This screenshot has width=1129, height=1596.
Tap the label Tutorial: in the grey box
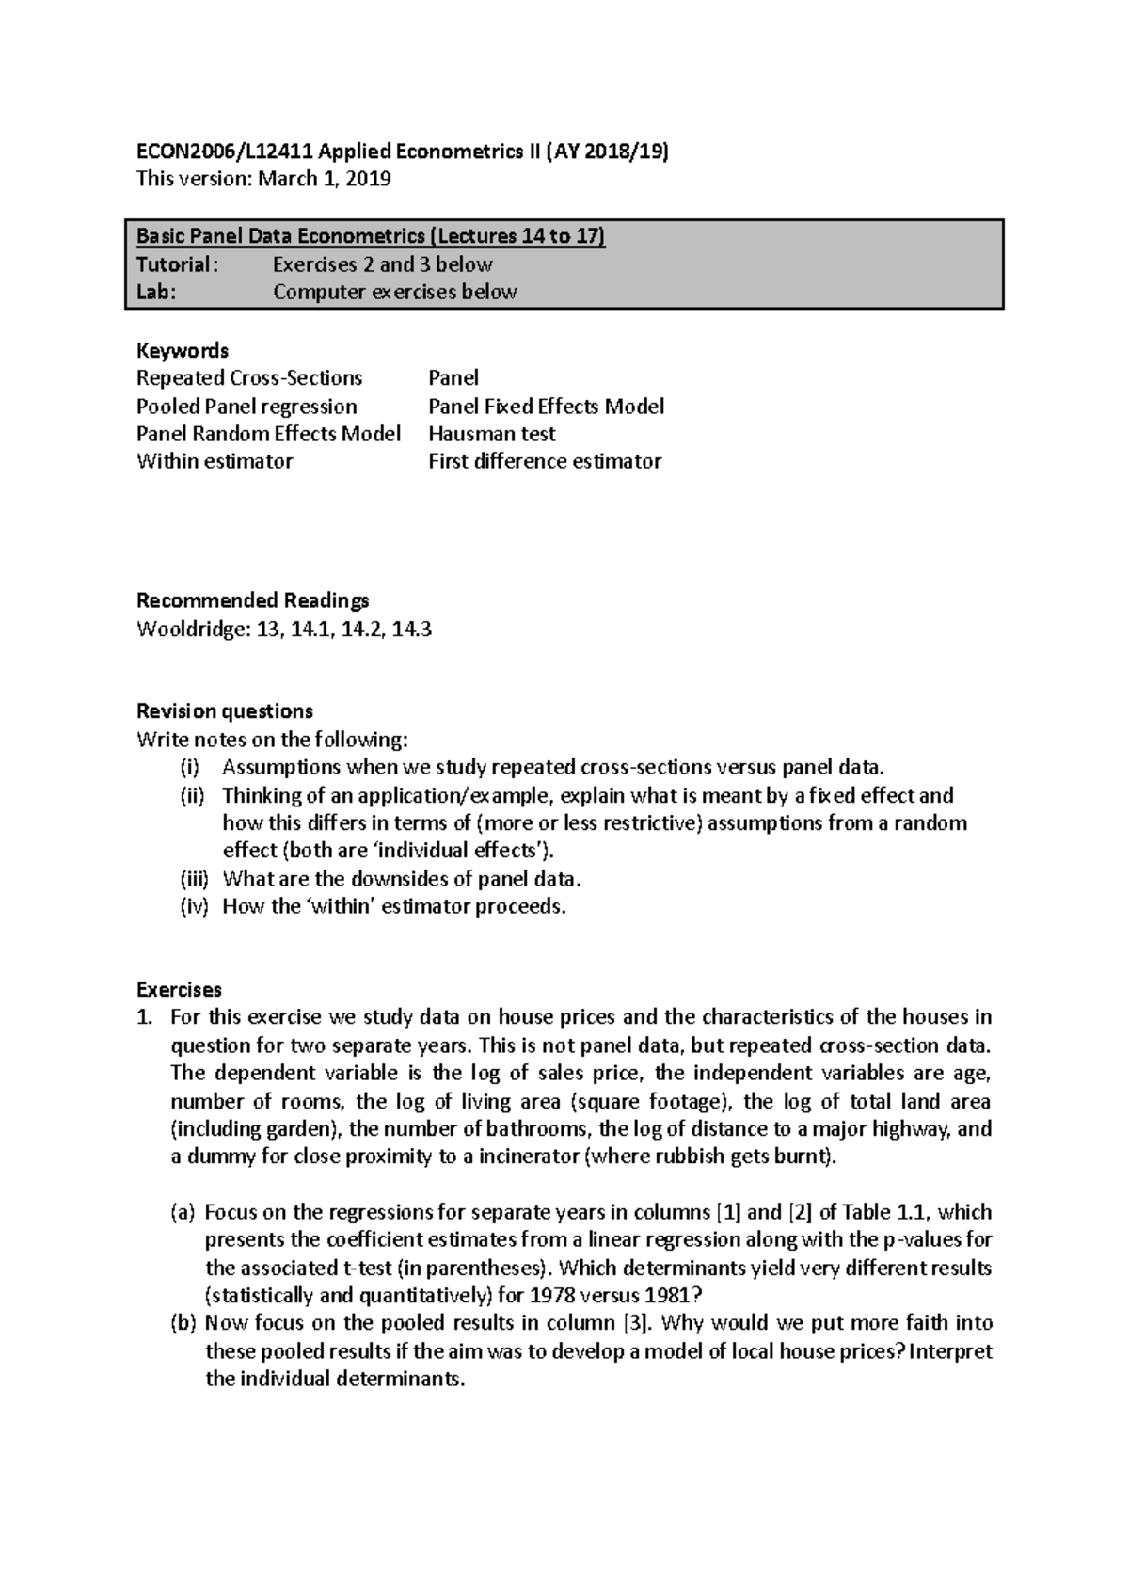tap(177, 264)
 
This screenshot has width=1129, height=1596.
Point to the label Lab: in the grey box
tap(156, 292)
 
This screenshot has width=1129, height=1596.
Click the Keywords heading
tap(183, 350)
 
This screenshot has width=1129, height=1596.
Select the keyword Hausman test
tap(491, 434)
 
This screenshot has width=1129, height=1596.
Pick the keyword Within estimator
tap(215, 461)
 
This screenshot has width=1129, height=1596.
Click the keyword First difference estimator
tap(544, 461)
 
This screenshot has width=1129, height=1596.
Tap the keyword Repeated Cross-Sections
tap(249, 378)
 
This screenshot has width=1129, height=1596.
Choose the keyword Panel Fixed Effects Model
tap(546, 407)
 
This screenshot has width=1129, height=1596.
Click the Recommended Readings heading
tap(252, 600)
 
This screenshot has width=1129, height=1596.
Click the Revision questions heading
tap(224, 710)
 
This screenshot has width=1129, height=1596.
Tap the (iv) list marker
tap(194, 907)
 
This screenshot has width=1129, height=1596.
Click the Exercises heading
tap(179, 989)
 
